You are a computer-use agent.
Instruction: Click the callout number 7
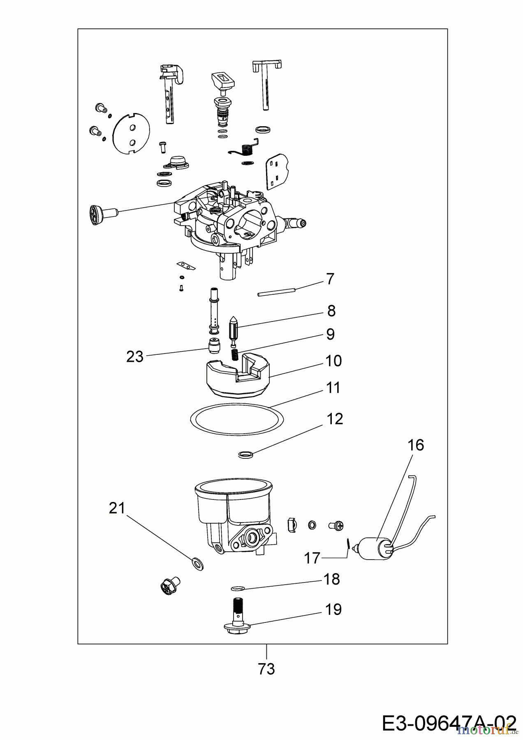pyautogui.click(x=330, y=279)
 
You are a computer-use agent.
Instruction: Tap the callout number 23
pyautogui.click(x=135, y=356)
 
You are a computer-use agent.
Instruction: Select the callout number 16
pyautogui.click(x=416, y=445)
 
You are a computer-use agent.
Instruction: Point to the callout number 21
pyautogui.click(x=117, y=509)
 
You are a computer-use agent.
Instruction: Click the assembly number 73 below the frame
pyautogui.click(x=266, y=669)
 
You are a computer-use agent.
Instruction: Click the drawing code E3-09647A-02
pyautogui.click(x=449, y=723)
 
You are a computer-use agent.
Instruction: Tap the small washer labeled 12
pyautogui.click(x=245, y=454)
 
